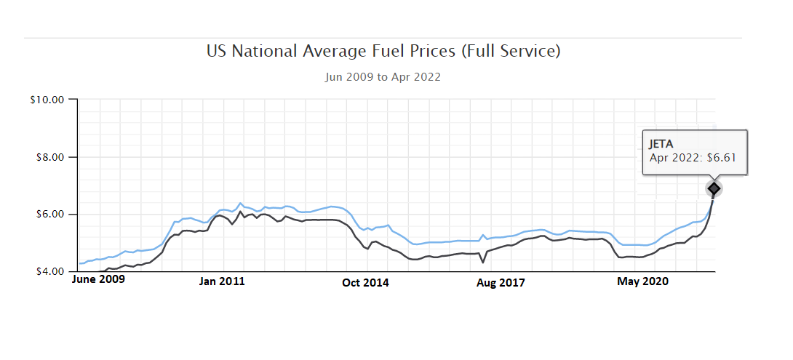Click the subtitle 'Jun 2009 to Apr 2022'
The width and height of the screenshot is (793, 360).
[383, 76]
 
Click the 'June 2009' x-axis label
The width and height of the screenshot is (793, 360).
[98, 279]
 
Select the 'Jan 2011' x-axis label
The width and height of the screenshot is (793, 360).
[222, 281]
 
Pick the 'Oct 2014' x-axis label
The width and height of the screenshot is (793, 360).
[365, 283]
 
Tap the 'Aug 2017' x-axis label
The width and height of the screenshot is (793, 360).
[501, 282]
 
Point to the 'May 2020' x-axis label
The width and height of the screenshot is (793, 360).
[643, 281]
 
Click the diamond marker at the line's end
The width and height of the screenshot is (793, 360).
[714, 188]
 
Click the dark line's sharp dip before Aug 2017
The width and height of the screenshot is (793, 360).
[483, 262]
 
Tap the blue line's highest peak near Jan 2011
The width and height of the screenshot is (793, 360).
[241, 203]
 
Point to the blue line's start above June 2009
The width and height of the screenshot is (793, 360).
[79, 263]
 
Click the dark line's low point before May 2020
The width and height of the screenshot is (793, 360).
[620, 257]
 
